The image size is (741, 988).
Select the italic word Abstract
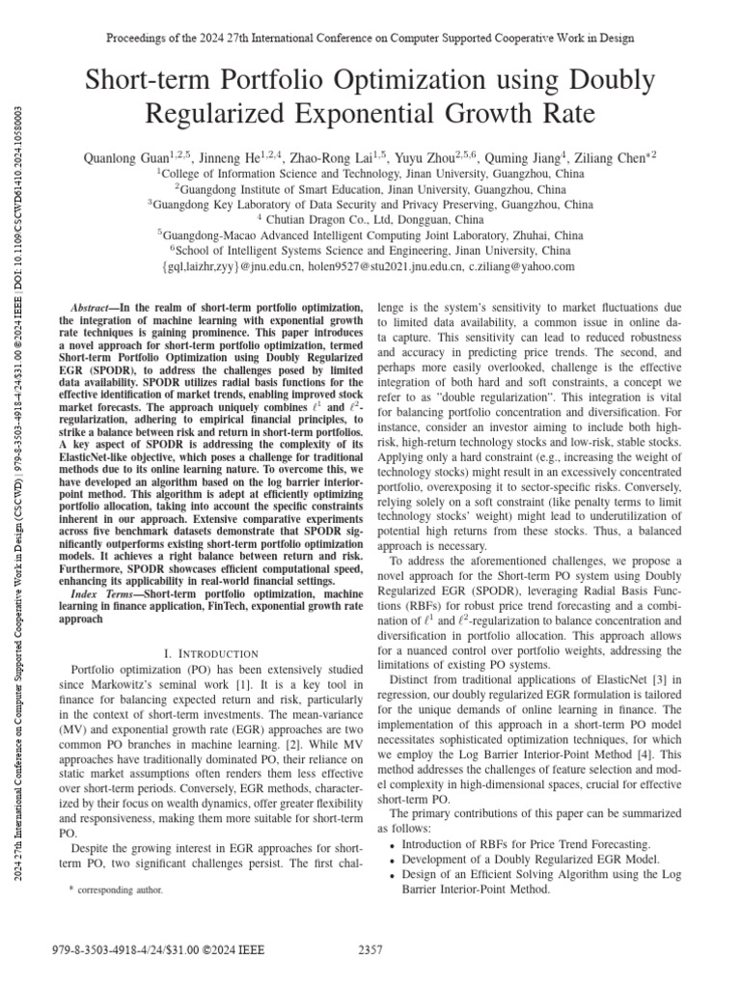[x=94, y=306]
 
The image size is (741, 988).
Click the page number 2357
[x=370, y=950]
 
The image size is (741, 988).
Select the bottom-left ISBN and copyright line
[x=146, y=950]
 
